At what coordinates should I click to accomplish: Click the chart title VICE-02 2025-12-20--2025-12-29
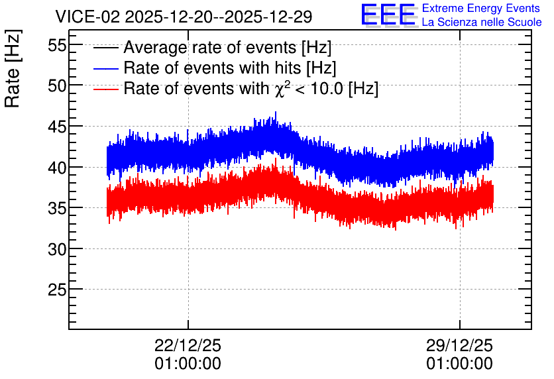tap(184, 17)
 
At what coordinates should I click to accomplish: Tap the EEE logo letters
tap(388, 15)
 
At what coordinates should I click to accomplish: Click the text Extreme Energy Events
tap(481, 8)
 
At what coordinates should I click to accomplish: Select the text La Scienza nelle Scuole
tap(482, 22)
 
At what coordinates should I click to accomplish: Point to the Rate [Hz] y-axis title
tap(13, 68)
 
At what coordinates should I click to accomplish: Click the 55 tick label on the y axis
tap(57, 45)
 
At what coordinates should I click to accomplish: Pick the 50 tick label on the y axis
tap(57, 85)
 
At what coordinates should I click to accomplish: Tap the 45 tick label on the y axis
tap(57, 127)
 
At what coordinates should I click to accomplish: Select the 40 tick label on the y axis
tap(57, 168)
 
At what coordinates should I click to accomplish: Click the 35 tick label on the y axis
tap(57, 209)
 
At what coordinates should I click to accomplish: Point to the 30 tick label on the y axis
tap(57, 249)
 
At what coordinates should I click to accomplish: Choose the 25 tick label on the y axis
tap(57, 290)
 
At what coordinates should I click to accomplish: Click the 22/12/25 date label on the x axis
tap(188, 345)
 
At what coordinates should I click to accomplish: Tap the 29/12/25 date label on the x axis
tap(459, 345)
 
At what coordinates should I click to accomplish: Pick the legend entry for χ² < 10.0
tap(251, 88)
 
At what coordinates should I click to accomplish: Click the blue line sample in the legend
tap(106, 68)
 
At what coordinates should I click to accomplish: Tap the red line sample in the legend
tap(106, 89)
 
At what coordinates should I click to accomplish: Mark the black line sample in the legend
tap(106, 48)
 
